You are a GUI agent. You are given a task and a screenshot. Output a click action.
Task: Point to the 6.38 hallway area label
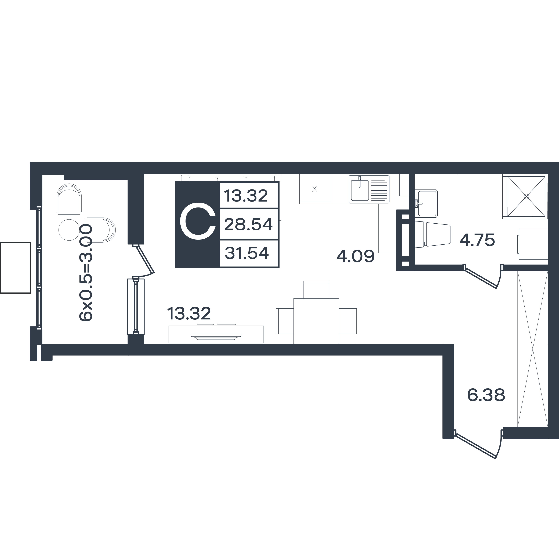486,395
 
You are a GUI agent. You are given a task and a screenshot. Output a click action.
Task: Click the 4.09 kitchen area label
355,256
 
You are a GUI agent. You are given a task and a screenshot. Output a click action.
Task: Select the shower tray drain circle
526,196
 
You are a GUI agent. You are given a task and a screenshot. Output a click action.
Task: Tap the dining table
316,321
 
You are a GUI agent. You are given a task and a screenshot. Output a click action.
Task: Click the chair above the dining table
316,289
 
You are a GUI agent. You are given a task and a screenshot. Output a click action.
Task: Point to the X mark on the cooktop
315,189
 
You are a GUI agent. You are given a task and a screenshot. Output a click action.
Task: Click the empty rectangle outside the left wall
16,268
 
